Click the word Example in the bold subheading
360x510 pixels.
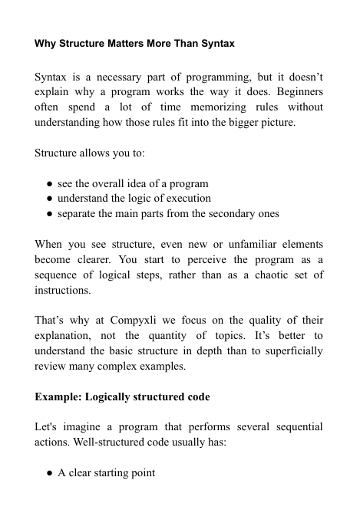tap(58, 397)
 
